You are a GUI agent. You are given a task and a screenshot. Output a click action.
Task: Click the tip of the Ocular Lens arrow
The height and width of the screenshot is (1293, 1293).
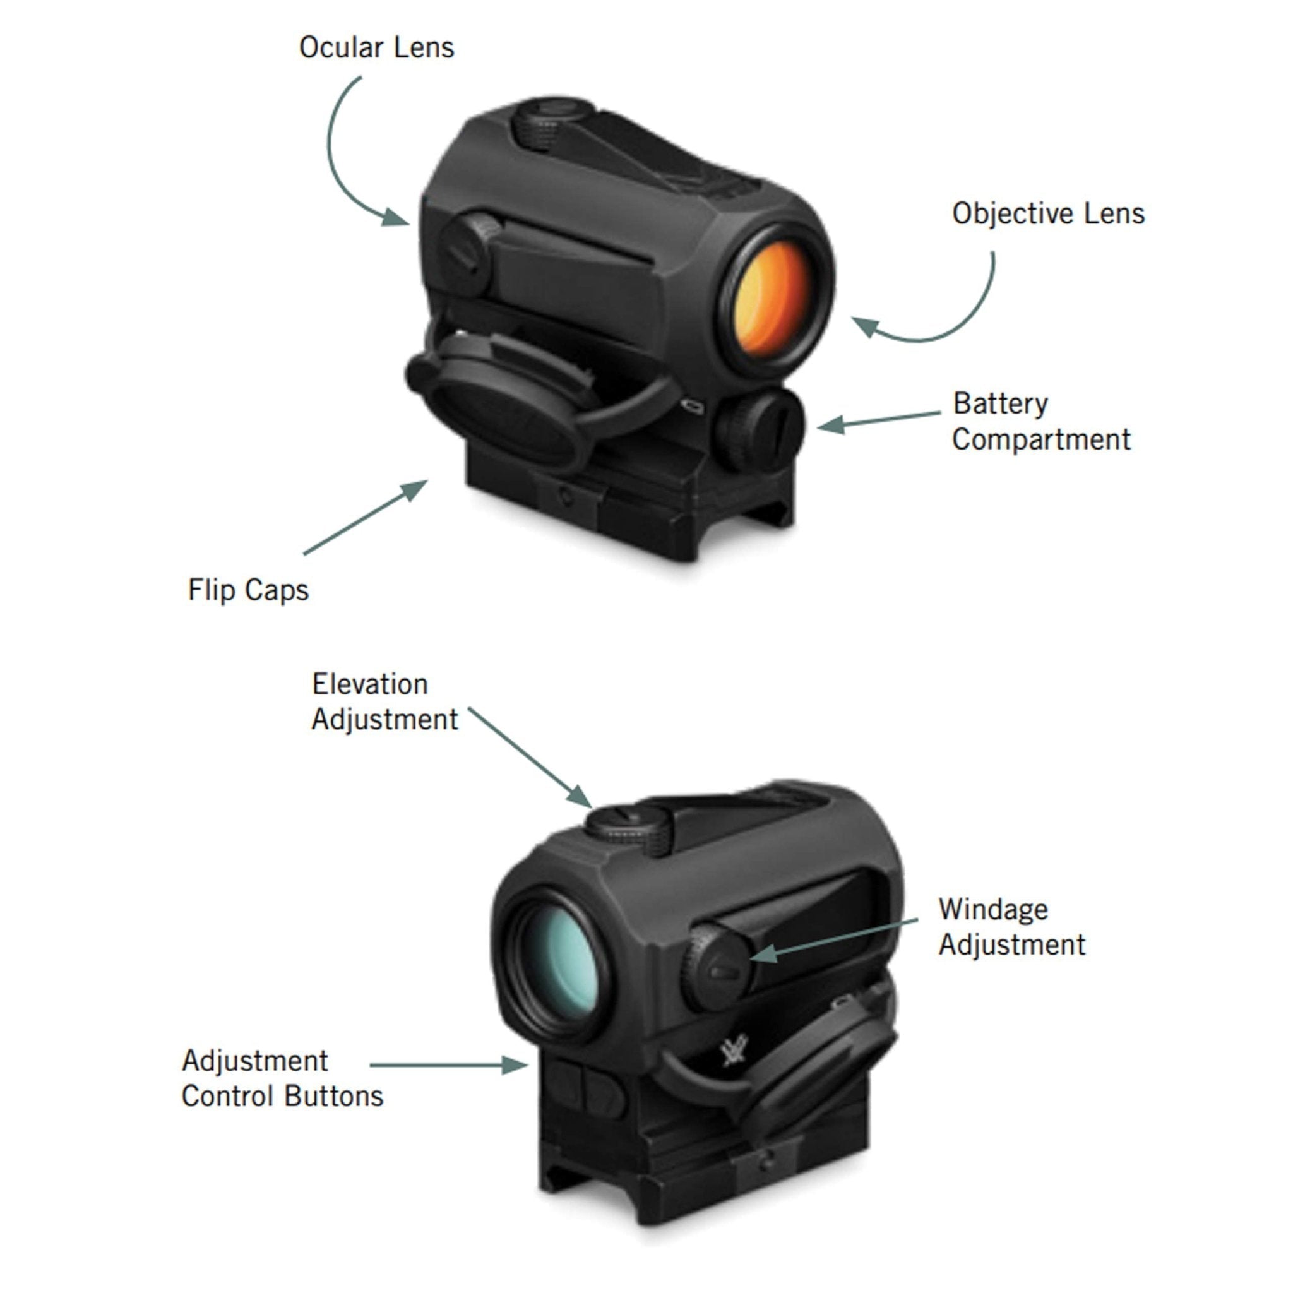(x=409, y=225)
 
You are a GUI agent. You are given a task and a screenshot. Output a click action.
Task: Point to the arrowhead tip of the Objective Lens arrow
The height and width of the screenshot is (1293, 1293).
(x=851, y=319)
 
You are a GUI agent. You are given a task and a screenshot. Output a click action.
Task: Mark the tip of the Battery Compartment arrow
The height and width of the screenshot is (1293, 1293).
(x=817, y=426)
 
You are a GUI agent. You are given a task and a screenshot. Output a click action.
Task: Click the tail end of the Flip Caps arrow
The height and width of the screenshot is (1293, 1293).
(x=304, y=554)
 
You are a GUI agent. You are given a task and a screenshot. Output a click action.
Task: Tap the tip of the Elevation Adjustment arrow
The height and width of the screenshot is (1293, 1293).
(x=592, y=809)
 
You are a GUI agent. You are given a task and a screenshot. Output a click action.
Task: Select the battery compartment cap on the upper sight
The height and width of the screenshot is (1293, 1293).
(x=760, y=429)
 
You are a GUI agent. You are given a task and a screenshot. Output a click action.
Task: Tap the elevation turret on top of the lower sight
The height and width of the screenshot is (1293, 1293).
(x=629, y=828)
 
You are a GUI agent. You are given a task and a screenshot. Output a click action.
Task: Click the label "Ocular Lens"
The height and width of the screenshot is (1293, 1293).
(x=377, y=47)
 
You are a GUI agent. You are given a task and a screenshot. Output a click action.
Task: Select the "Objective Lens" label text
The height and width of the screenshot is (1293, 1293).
(x=1048, y=214)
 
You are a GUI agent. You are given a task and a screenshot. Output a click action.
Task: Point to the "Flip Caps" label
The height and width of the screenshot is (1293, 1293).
(x=248, y=590)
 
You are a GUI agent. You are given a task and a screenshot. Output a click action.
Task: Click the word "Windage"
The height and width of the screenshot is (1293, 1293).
(x=993, y=910)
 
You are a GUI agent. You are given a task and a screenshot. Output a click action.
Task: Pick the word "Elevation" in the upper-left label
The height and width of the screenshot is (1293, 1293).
(x=370, y=684)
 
